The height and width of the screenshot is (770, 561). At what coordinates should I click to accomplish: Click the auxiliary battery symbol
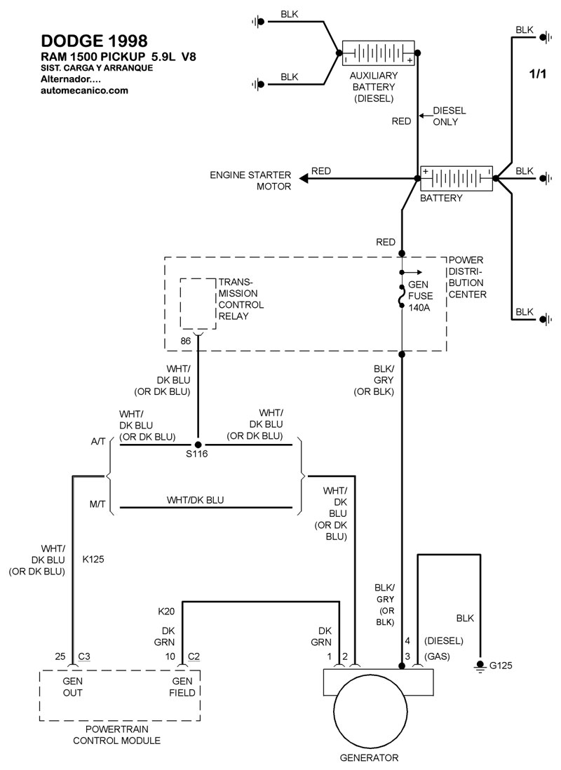point(378,54)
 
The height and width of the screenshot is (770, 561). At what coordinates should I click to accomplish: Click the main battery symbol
point(456,178)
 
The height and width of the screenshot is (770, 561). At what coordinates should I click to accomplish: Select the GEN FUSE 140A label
point(421,298)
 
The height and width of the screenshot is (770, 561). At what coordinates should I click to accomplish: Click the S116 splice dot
point(198,445)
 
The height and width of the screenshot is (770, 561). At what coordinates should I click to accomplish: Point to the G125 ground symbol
point(480,665)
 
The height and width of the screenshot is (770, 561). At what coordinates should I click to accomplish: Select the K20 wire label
point(165,611)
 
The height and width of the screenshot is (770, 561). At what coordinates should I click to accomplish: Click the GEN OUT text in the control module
point(73,687)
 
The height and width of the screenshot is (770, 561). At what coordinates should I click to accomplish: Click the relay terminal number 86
point(186,342)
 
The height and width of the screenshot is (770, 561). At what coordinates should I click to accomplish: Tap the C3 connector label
point(84,656)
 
